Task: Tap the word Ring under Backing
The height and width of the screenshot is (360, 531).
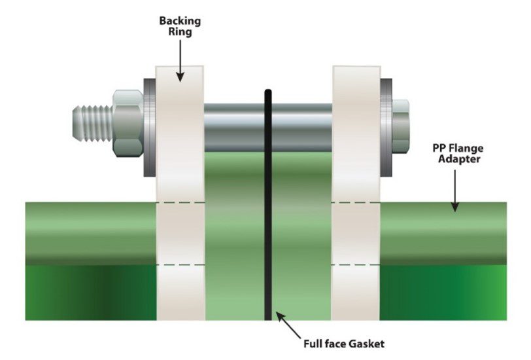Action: click(180, 33)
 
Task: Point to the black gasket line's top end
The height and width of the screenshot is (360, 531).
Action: click(268, 94)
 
